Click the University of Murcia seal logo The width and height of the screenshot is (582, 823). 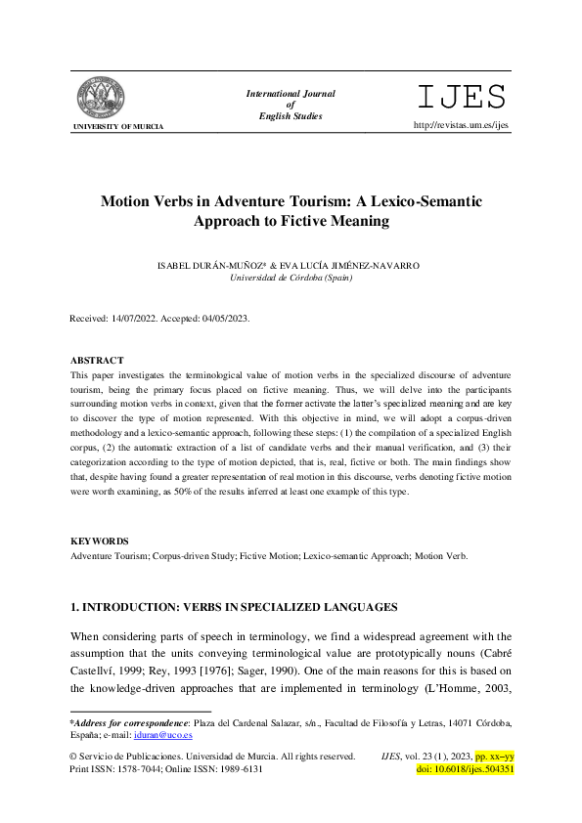tap(101, 98)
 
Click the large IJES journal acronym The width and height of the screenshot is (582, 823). tap(462, 97)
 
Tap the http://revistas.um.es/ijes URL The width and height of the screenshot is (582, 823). tap(462, 125)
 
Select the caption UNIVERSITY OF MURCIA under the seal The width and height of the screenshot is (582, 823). tap(117, 127)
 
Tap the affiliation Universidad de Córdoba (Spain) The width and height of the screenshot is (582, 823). tap(291, 278)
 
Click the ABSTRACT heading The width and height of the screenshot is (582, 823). tap(97, 361)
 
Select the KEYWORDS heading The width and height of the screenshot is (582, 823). tap(100, 541)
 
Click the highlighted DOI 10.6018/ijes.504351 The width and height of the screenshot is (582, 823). tap(466, 769)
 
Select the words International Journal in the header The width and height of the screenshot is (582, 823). tap(291, 94)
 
